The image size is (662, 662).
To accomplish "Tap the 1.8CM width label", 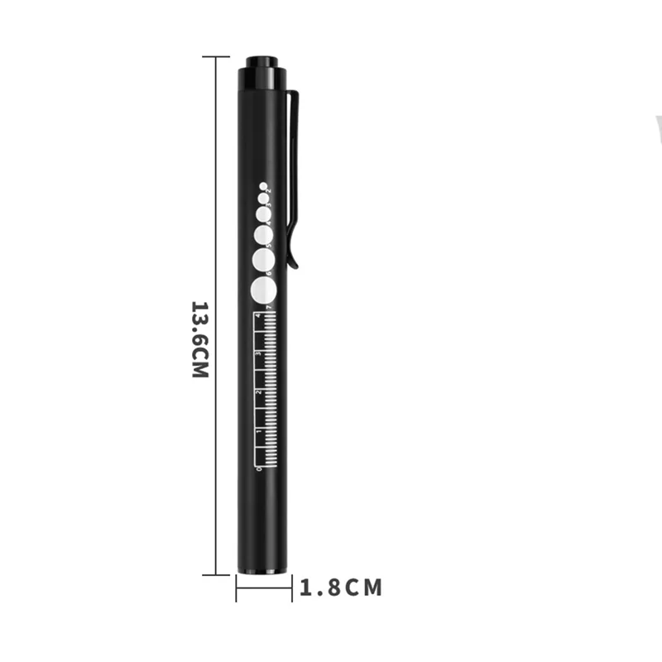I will point(341,588).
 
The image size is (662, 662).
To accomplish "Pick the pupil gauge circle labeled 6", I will point(263,260).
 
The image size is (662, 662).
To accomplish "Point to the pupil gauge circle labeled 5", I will point(263,234).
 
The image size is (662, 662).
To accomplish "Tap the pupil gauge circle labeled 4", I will point(262,213).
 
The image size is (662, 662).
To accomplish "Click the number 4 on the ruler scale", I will point(259,317).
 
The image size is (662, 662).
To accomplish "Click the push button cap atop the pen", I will point(263,66).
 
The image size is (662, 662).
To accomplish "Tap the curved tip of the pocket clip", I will point(295,263).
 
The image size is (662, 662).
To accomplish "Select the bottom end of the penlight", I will point(264,571).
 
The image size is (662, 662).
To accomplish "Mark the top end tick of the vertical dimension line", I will point(216,57).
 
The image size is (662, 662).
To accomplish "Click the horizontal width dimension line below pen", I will point(264,588).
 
